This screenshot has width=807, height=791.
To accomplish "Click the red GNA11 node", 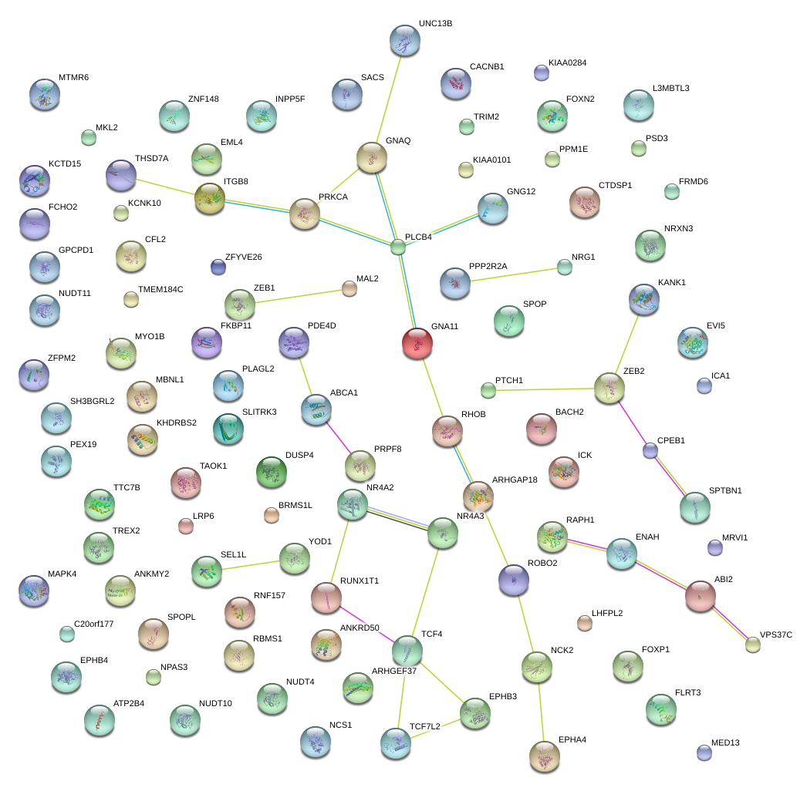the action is click(x=418, y=343).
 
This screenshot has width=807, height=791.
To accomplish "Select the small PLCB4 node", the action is click(x=397, y=247).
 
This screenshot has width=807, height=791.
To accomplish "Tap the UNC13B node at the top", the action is click(x=405, y=41).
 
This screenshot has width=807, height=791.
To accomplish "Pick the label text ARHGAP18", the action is click(x=515, y=480).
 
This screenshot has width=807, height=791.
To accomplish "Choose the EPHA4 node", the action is click(x=545, y=756).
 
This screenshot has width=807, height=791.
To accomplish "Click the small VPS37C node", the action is click(x=752, y=645).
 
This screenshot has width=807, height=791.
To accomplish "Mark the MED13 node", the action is click(x=703, y=752).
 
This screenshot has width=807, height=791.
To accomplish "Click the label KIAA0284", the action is click(x=569, y=62).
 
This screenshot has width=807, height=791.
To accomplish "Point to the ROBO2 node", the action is click(x=513, y=580).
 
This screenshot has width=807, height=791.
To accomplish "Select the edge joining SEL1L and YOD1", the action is click(x=250, y=564).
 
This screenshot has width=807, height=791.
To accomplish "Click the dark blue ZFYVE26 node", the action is click(x=218, y=267).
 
